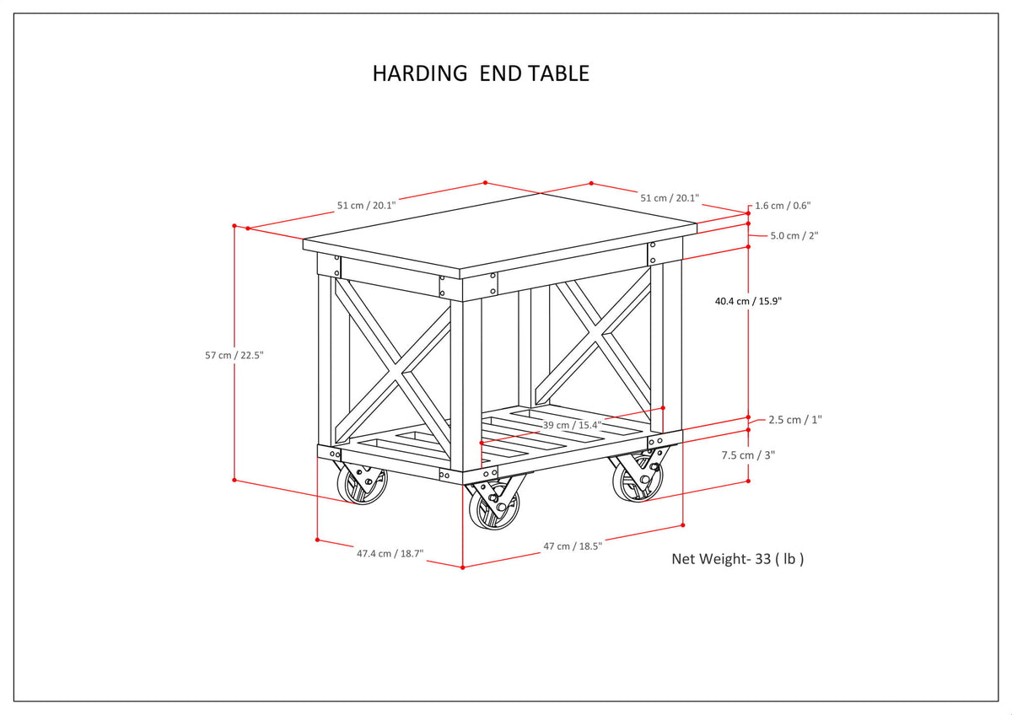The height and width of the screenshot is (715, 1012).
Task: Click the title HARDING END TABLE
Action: coord(481,73)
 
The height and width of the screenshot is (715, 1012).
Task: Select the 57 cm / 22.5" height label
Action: coord(234,355)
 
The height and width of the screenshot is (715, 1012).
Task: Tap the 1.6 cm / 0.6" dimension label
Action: coord(782,205)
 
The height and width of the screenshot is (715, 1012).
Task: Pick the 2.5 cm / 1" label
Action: coord(795,419)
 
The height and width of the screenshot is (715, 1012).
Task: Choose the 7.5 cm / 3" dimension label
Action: coord(748,454)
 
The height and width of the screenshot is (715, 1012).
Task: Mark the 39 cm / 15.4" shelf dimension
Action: coord(572,425)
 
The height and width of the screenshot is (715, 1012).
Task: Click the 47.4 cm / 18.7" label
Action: coord(390,554)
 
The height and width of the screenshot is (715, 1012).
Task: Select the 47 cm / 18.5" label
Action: coord(573,546)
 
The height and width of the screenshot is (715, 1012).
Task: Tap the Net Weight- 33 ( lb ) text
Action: coord(737,558)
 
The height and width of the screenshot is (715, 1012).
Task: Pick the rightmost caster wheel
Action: coord(638,481)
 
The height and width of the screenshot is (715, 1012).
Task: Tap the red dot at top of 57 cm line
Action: coord(234,226)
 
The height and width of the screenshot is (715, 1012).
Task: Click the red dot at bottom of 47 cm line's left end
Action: coord(463,567)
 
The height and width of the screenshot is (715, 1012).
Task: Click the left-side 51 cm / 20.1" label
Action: coord(366,205)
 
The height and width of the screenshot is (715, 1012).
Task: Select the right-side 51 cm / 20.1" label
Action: coord(669,197)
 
